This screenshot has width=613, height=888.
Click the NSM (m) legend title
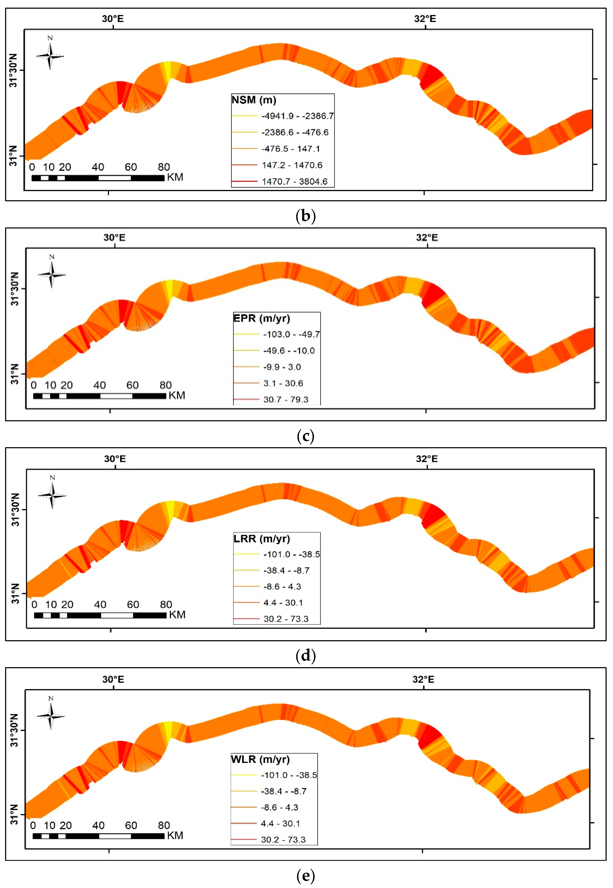[254, 100]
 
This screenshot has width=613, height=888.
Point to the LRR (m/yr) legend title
[262, 538]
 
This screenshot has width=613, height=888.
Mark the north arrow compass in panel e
[51, 716]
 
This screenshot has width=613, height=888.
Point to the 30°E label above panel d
[115, 459]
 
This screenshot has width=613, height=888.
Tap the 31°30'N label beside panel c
[15, 289]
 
